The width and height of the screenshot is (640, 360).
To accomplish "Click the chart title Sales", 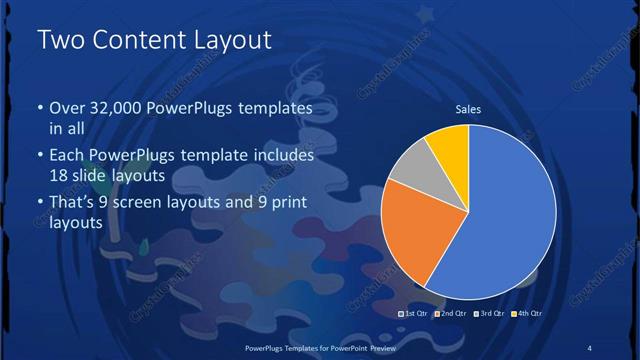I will click(468, 109).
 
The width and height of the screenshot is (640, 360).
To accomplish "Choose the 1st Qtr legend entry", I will click(416, 314).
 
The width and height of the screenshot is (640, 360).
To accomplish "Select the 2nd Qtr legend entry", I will click(451, 314).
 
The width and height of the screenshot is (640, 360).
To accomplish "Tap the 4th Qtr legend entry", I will click(526, 314).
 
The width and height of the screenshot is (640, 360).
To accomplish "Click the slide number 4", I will click(589, 347).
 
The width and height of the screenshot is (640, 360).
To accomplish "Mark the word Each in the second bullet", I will click(66, 156).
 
